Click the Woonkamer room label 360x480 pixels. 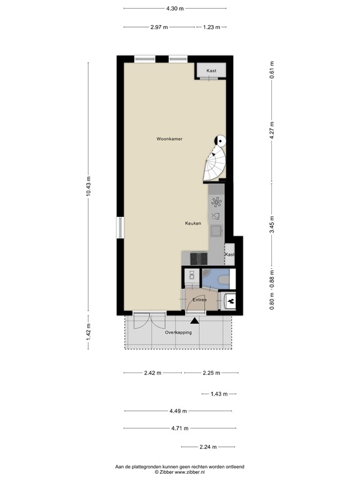pos(169,139)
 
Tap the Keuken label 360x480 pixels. pos(193,223)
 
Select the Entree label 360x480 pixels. pos(199,300)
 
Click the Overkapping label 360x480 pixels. pos(178,332)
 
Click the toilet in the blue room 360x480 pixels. pos(223,279)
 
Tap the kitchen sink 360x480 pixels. pos(216,231)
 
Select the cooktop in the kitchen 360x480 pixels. pos(199,258)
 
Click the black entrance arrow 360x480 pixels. pos(194,321)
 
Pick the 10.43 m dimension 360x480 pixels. pos(89,186)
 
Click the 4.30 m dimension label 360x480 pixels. pos(175,9)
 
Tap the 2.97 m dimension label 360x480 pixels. pos(159,27)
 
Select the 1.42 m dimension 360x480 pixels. pos(89,332)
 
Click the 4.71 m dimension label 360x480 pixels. pos(180,428)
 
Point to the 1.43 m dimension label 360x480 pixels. pos(219,394)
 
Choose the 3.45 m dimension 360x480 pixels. pos(272,224)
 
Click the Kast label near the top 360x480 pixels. pos(211,71)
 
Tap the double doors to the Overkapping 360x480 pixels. pos(150,320)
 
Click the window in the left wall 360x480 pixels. pos(120,227)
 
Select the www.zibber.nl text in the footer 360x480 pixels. pos(190,472)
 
